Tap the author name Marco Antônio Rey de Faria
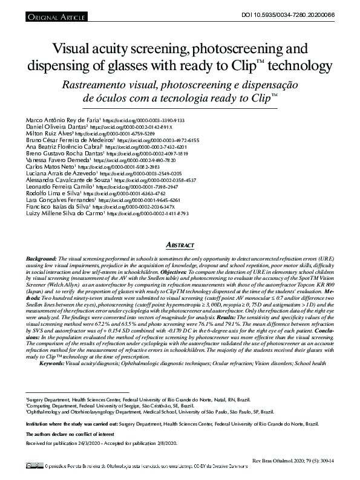(63, 120)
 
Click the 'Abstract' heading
(180, 245)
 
